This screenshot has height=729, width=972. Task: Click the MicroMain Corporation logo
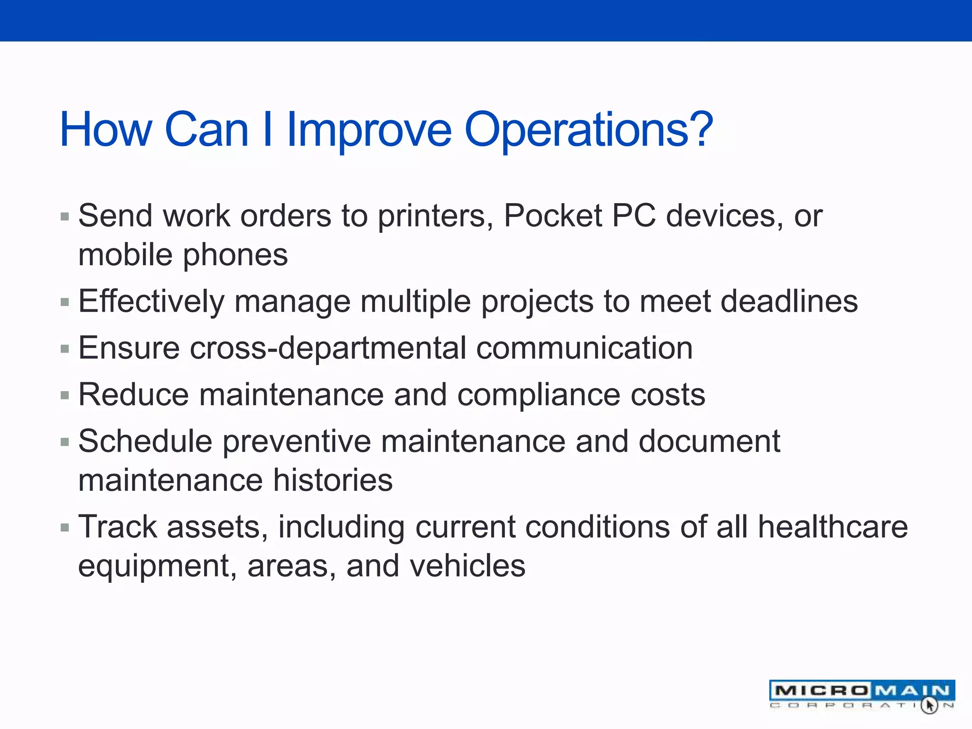click(x=861, y=695)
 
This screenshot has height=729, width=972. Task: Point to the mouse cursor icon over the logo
click(x=929, y=705)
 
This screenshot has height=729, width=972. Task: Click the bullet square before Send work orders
click(x=65, y=217)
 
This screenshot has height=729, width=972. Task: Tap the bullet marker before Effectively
click(x=65, y=302)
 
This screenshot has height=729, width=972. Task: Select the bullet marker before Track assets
click(x=65, y=527)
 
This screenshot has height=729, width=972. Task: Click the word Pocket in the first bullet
click(x=552, y=216)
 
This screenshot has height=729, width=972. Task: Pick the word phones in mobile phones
click(x=235, y=255)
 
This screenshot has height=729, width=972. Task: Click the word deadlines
click(x=789, y=301)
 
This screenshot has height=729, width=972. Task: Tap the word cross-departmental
click(x=328, y=349)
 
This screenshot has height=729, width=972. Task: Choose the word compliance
click(x=538, y=395)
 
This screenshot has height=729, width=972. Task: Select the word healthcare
click(x=832, y=527)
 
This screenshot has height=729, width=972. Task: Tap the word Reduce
click(x=133, y=395)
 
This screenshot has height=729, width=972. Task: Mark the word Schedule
click(x=145, y=441)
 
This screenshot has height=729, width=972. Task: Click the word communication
click(x=584, y=348)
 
